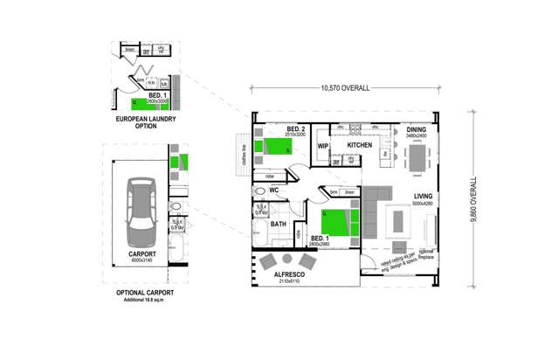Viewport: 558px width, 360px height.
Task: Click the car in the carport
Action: pos(139,212)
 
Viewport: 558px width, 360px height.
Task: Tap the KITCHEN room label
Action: pos(360,145)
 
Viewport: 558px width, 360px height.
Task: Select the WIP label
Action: pos(322,146)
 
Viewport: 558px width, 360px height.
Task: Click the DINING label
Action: pos(416,129)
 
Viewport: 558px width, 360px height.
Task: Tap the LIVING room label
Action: pos(424,197)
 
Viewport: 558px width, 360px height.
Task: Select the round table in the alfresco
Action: pos(287,259)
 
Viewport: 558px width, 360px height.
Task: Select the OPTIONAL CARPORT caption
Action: pos(144,293)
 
